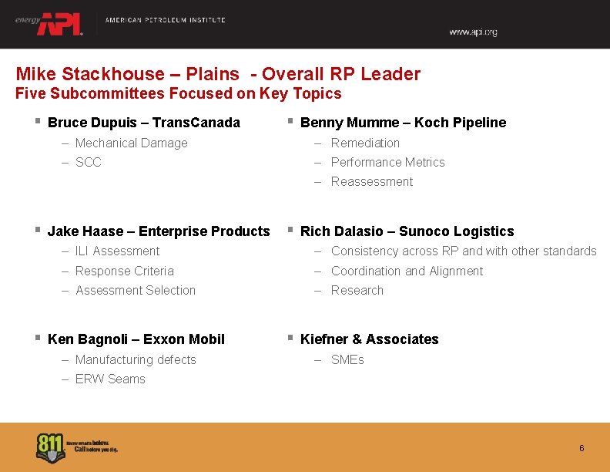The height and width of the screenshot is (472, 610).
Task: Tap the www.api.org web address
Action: coord(473,32)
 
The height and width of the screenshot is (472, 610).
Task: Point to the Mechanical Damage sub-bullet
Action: coord(132,143)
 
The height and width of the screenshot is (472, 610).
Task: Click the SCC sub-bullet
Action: coord(89,163)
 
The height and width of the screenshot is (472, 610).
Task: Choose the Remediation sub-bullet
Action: coord(365,143)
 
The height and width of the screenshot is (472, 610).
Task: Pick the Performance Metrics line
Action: coord(387,163)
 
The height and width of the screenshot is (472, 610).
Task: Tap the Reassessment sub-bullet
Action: coord(372,182)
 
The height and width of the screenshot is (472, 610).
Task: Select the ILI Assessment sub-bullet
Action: coord(117,251)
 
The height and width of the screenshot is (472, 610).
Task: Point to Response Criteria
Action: coord(125,271)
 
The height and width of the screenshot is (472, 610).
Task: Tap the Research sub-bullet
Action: coord(357,291)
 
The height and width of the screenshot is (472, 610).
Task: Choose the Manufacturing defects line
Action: coord(136,360)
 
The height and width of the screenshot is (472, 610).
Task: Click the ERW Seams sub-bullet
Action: coord(110,379)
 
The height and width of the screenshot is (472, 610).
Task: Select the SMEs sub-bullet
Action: coord(347,360)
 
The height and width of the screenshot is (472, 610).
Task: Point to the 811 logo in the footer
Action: coord(51,448)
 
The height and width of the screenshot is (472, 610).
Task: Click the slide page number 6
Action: coord(582,449)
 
